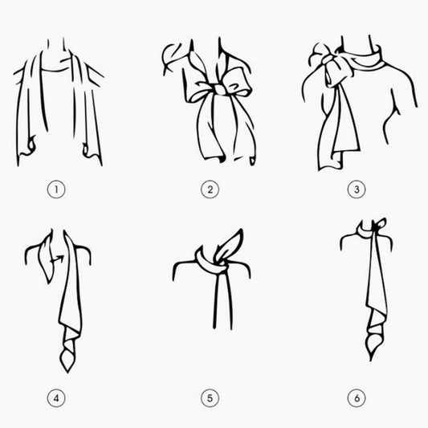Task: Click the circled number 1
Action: coord(56,190)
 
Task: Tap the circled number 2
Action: coord(210,190)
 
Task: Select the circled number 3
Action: coord(357,190)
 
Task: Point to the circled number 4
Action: coord(56,398)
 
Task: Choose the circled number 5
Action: coord(210,398)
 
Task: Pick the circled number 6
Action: coord(357,398)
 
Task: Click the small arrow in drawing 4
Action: coord(58,259)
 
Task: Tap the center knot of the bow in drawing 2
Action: coord(220,89)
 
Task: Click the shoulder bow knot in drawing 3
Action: coord(328,59)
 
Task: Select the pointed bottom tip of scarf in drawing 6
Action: coord(371,361)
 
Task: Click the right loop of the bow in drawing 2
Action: coord(238,79)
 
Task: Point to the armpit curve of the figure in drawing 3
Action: coord(391,120)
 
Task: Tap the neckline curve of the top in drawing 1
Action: coord(55,70)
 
